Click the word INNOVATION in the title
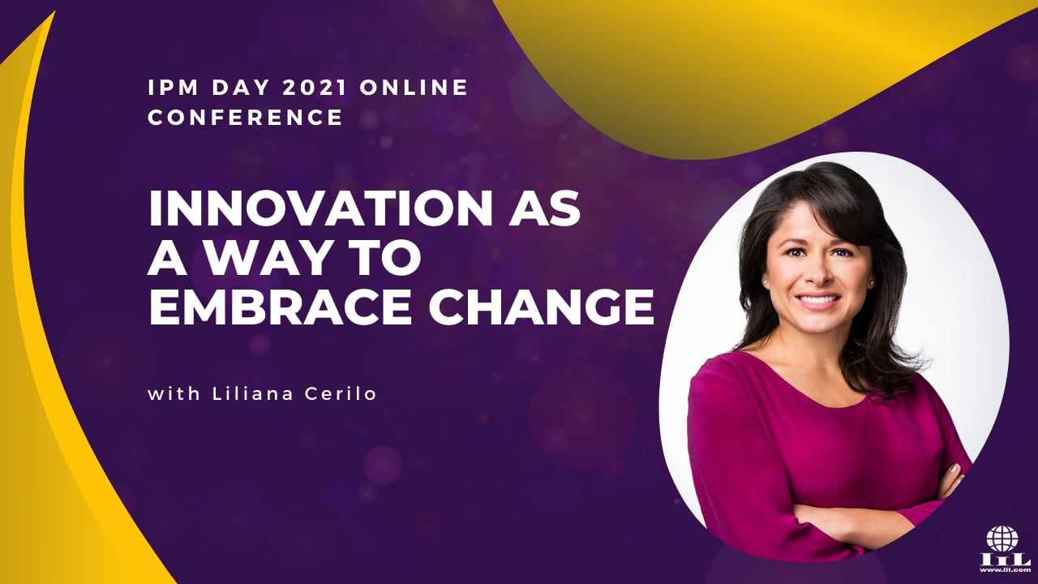[320, 209]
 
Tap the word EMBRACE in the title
[280, 307]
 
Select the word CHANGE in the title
[541, 307]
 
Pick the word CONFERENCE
[245, 117]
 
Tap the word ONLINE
[414, 88]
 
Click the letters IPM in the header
[174, 88]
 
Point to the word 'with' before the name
[174, 393]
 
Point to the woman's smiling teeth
[821, 300]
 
